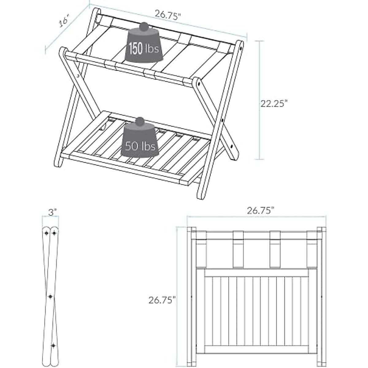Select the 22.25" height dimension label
click(274, 104)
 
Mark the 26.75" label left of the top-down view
click(162, 300)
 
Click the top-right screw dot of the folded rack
click(54, 233)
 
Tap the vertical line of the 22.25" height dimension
click(260, 101)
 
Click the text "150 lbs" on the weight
click(144, 49)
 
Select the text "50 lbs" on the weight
click(140, 146)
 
